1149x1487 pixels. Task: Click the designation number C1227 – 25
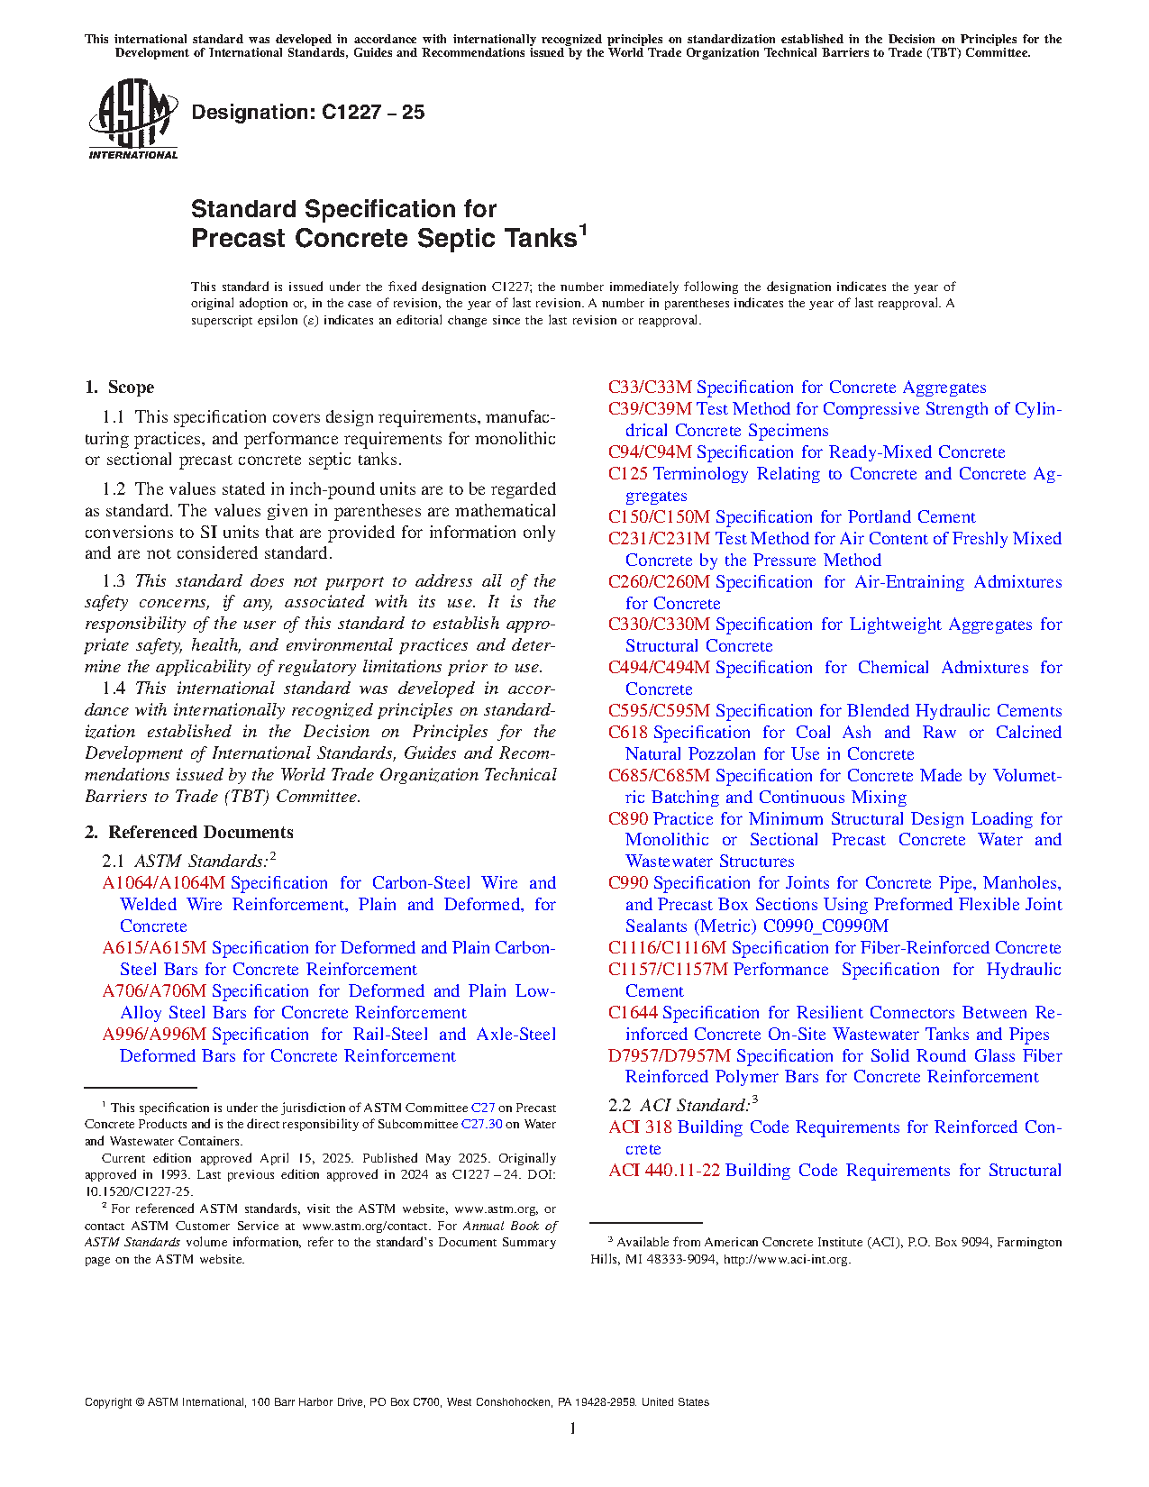307,113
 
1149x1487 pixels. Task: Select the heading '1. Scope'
120,388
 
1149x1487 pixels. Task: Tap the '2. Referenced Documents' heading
189,833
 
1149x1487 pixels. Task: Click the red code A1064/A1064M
163,883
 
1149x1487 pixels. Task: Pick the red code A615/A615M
154,948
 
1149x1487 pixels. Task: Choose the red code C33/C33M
649,388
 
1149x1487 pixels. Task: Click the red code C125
627,474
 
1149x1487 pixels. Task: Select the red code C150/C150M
659,517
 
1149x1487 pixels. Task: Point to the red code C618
627,733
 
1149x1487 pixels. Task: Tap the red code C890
627,819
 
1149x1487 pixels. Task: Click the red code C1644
632,1013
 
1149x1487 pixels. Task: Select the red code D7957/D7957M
670,1056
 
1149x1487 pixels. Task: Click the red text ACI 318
640,1127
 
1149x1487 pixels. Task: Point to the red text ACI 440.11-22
664,1171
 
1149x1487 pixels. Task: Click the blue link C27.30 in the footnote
481,1125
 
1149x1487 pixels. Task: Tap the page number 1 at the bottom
573,1428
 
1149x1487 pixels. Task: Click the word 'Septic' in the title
458,239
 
